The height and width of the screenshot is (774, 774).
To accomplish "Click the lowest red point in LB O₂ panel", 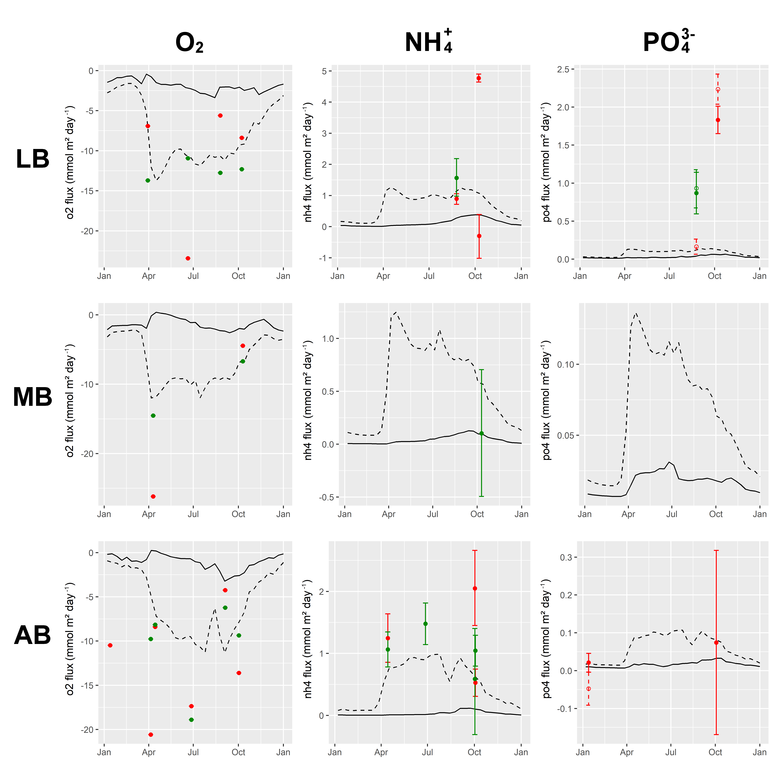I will pos(188,258).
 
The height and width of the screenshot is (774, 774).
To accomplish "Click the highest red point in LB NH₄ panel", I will pos(479,78).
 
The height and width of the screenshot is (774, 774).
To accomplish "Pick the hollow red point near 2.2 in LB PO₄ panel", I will pos(718,89).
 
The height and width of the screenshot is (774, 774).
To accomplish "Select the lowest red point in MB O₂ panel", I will pos(153,497).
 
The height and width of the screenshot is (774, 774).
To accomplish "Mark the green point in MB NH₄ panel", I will pos(482,433).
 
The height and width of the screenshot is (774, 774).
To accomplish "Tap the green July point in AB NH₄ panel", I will pos(425,624).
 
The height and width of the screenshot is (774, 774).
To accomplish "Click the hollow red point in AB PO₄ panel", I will pos(588,689).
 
